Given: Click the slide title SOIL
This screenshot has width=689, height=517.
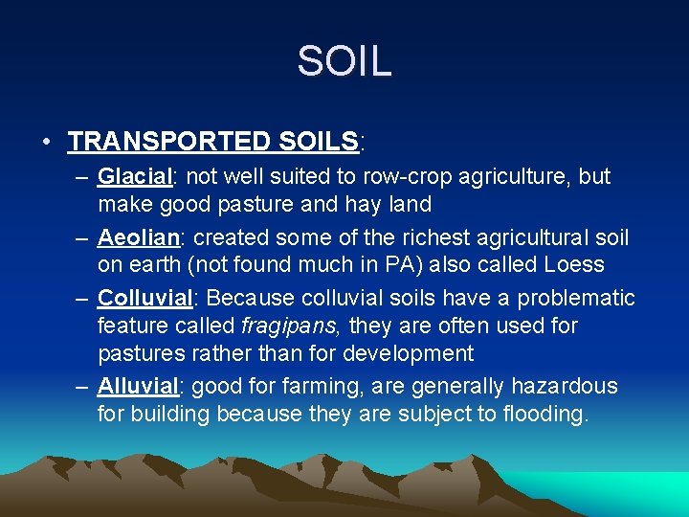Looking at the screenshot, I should pos(344,61).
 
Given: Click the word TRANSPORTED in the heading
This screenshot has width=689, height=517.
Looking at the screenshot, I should pos(169,142).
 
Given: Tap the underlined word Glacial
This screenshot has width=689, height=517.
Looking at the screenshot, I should pos(134,177).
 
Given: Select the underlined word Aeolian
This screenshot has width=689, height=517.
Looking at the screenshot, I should pos(137,236).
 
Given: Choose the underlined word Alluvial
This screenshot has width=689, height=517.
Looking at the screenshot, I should pos(138,387).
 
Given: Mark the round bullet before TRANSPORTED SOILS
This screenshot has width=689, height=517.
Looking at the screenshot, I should pos(47,143).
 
